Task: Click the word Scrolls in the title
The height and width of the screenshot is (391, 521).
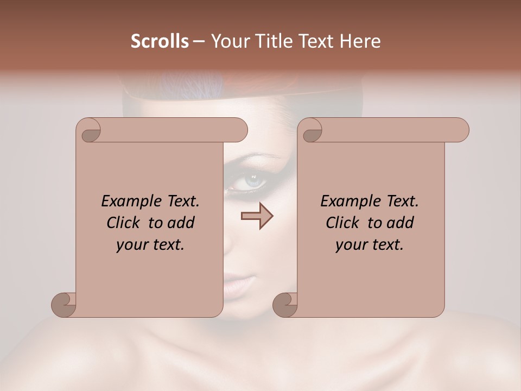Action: pyautogui.click(x=160, y=41)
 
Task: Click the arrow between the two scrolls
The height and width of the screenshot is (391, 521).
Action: pyautogui.click(x=257, y=217)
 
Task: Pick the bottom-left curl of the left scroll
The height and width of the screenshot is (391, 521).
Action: pyautogui.click(x=63, y=304)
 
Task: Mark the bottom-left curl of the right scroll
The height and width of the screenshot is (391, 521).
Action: pyautogui.click(x=285, y=304)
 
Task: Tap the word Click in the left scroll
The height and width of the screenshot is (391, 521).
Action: pyautogui.click(x=124, y=223)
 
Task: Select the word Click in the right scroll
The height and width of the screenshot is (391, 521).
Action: pyautogui.click(x=344, y=223)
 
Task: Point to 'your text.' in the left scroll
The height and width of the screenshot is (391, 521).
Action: pyautogui.click(x=150, y=245)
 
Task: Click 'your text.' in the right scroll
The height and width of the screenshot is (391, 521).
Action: pyautogui.click(x=370, y=245)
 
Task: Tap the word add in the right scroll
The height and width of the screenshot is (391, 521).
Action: pyautogui.click(x=399, y=223)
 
